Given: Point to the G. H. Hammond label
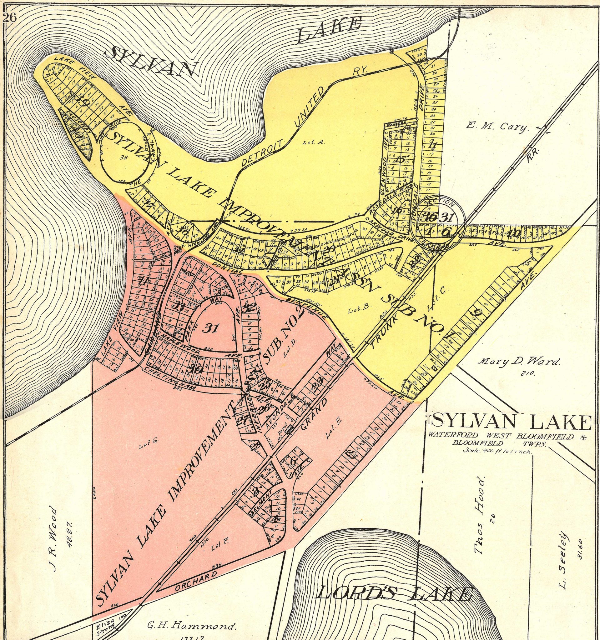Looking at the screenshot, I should tap(190, 626).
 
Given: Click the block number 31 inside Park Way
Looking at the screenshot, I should tap(212, 328).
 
